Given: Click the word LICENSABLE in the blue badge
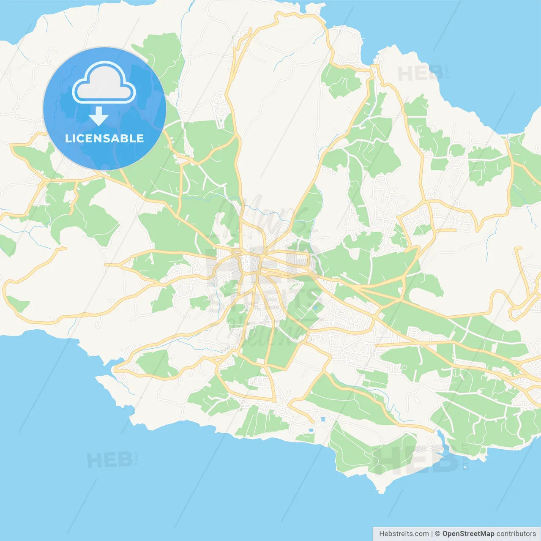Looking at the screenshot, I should (x=104, y=138).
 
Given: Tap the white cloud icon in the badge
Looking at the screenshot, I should (x=104, y=83).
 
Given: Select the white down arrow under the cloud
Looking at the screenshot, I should (x=98, y=116).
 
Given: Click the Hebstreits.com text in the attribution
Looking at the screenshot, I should (x=404, y=534).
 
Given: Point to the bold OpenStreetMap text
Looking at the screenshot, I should (x=468, y=534).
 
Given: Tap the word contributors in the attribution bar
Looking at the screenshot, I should (x=516, y=534).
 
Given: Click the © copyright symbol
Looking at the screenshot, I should (x=437, y=534).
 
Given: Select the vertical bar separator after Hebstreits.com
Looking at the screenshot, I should (x=432, y=534).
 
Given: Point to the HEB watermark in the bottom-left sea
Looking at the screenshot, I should (x=109, y=460).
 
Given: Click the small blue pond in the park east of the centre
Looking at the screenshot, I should (x=315, y=307).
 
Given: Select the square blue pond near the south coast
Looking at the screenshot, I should (x=323, y=419).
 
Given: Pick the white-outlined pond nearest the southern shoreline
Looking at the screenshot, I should (x=311, y=430).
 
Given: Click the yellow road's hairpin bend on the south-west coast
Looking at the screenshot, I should (x=116, y=369).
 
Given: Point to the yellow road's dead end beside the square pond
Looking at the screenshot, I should (x=312, y=421).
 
